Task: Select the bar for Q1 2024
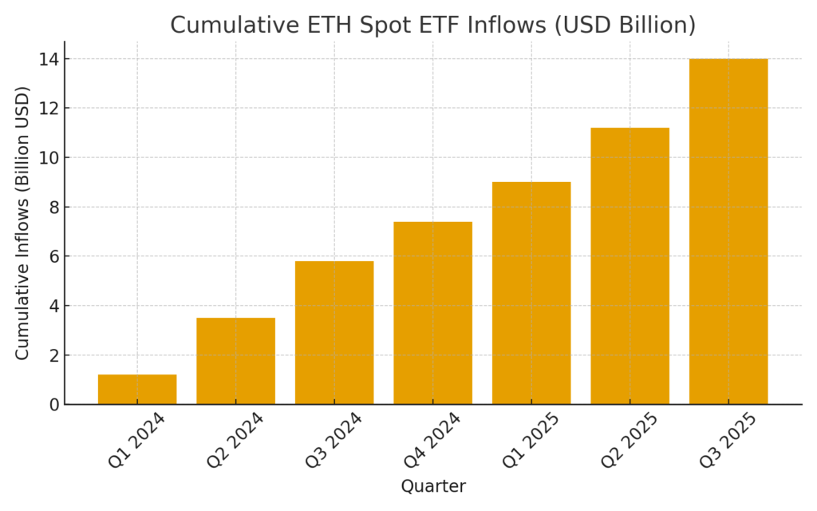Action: [137, 389]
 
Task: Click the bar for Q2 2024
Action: [235, 361]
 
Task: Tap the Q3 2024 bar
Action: [334, 332]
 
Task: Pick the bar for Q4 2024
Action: [432, 313]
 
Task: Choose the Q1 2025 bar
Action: [531, 293]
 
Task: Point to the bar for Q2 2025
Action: [630, 266]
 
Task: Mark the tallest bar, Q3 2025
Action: [728, 232]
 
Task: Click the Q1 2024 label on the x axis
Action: [135, 441]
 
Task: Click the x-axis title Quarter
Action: [432, 486]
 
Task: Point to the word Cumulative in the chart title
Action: [231, 25]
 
